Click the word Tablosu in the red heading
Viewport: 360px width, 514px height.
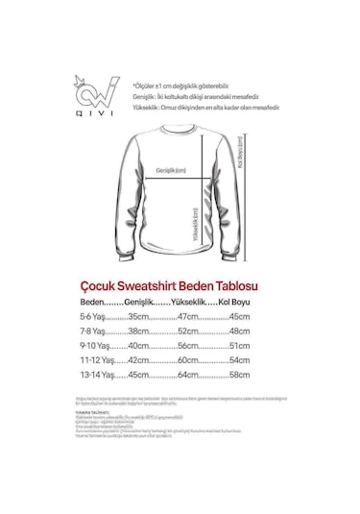coord(238,285)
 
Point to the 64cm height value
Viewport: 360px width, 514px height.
coord(187,374)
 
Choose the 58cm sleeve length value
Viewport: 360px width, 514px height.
coord(238,374)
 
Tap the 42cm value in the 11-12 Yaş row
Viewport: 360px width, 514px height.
coord(140,359)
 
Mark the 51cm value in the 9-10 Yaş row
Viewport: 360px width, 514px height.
coord(238,345)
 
